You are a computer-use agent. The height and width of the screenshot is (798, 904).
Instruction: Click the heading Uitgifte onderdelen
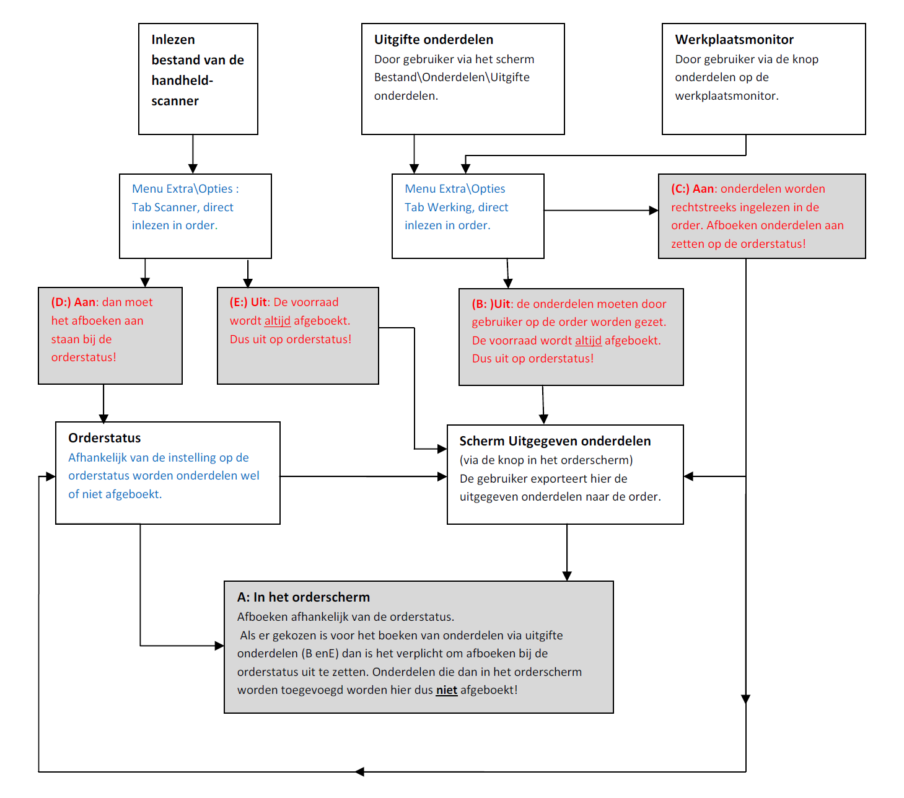tap(433, 40)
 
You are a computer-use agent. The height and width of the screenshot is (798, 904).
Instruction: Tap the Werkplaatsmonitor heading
tap(734, 40)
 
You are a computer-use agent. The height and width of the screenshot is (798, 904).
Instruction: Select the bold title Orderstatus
tap(105, 438)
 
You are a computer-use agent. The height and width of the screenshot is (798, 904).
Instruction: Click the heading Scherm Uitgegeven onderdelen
tap(555, 441)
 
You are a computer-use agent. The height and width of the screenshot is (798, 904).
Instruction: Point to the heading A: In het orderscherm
tap(304, 597)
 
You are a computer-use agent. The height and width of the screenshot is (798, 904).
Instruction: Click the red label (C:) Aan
tap(693, 189)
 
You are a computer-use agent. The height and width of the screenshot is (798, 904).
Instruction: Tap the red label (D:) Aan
tap(74, 302)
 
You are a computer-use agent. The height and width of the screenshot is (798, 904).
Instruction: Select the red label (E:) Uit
tap(248, 302)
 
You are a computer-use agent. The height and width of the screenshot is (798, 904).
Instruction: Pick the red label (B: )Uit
tap(491, 304)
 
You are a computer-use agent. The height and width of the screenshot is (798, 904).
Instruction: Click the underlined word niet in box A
tap(447, 690)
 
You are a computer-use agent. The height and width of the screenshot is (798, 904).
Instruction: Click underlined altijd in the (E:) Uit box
tap(278, 321)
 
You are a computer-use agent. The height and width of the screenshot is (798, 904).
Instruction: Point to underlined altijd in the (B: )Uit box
tap(588, 341)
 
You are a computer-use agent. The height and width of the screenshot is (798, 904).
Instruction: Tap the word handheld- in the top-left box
tap(182, 81)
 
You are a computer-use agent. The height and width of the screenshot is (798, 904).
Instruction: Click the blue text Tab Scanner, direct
tap(183, 207)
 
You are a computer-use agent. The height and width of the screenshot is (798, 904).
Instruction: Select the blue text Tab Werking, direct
tap(456, 207)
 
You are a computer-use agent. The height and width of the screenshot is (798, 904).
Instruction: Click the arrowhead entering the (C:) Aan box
tap(654, 210)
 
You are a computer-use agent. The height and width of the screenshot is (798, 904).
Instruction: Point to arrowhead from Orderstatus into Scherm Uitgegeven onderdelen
tap(442, 476)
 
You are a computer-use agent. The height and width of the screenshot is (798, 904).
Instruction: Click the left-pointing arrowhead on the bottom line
tap(359, 771)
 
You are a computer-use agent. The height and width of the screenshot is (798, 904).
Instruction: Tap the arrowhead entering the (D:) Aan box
tap(145, 283)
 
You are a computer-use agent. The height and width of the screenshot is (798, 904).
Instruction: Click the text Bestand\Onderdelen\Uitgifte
tap(452, 77)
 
